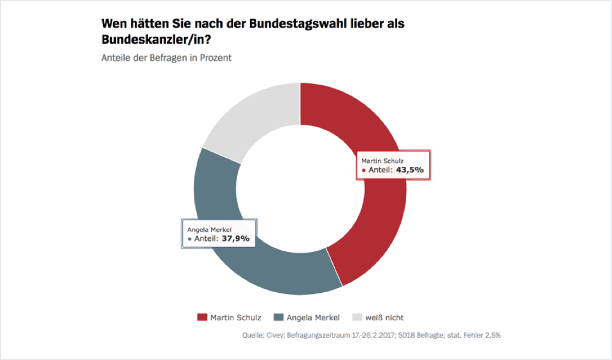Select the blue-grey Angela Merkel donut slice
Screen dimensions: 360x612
pyautogui.click(x=264, y=270)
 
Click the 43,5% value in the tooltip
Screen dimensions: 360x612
pyautogui.click(x=410, y=170)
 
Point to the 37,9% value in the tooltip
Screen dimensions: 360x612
pyautogui.click(x=235, y=239)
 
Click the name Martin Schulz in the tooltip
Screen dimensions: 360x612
pyautogui.click(x=382, y=161)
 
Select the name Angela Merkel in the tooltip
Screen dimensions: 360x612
pyautogui.click(x=209, y=229)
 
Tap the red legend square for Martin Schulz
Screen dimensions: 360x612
pyautogui.click(x=202, y=317)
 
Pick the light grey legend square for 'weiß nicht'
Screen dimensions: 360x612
pyautogui.click(x=356, y=317)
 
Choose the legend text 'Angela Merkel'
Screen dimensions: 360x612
pyautogui.click(x=313, y=317)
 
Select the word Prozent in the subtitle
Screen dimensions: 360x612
pyautogui.click(x=215, y=58)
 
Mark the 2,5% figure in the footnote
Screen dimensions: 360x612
pyautogui.click(x=491, y=335)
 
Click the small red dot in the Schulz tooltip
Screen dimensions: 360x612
pyautogui.click(x=364, y=171)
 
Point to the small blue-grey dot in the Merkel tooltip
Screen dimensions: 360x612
pyautogui.click(x=190, y=239)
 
